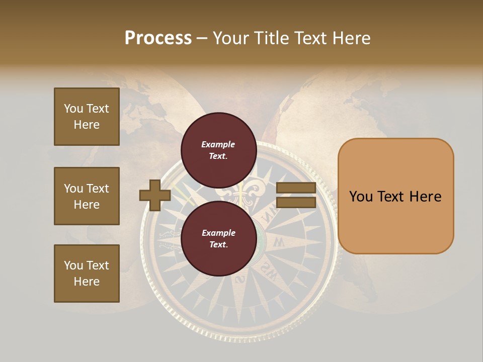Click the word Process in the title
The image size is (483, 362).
click(x=158, y=38)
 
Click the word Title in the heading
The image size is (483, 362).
click(x=271, y=38)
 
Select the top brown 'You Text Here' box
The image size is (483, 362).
click(x=87, y=117)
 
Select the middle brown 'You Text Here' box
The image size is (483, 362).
click(x=87, y=196)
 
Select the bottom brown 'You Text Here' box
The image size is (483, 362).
click(x=87, y=273)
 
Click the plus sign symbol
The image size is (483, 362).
click(x=155, y=195)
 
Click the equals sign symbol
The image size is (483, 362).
click(x=296, y=195)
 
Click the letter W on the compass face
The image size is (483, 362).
click(x=278, y=243)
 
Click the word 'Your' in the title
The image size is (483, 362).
click(x=230, y=38)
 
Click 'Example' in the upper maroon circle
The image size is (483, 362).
click(x=218, y=144)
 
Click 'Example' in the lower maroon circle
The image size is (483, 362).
click(x=218, y=233)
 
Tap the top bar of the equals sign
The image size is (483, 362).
click(x=296, y=188)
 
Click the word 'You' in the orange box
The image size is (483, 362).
click(x=361, y=197)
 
